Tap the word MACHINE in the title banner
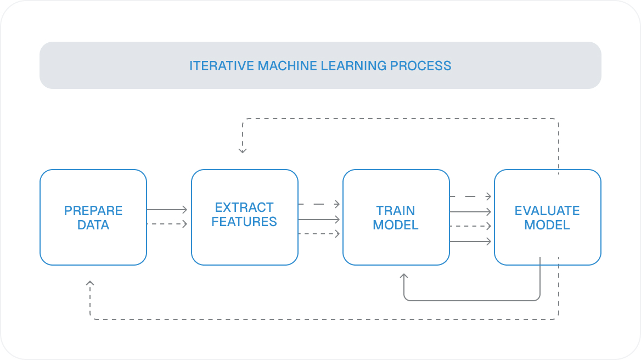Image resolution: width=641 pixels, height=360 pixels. coord(285,66)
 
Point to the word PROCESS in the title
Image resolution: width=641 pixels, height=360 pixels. coord(420,66)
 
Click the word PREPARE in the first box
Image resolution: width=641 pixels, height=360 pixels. coord(93,211)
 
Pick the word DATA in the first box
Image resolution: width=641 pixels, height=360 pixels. coord(93,225)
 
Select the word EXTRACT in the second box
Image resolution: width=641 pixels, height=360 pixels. coord(244,207)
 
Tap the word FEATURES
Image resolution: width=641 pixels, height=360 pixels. coord(244,222)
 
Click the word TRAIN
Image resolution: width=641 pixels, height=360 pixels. coord(396,211)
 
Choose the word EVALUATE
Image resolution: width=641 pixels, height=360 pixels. coord(547,211)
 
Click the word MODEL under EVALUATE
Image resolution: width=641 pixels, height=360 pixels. coord(547,225)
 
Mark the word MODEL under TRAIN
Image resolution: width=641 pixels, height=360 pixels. coord(396,225)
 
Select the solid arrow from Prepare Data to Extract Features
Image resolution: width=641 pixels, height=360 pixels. coord(167,210)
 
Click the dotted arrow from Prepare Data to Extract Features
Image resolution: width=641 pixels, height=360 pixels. coord(167,224)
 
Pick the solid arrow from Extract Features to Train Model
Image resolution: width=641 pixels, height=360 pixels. coord(319,220)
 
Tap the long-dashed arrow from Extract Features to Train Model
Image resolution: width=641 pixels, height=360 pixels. coord(319,204)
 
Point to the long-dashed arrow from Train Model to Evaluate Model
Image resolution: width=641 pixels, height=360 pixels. coord(470,196)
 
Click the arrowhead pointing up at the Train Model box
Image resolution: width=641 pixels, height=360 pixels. coord(404,277)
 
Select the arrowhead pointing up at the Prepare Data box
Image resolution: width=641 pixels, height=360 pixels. coord(91,284)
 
